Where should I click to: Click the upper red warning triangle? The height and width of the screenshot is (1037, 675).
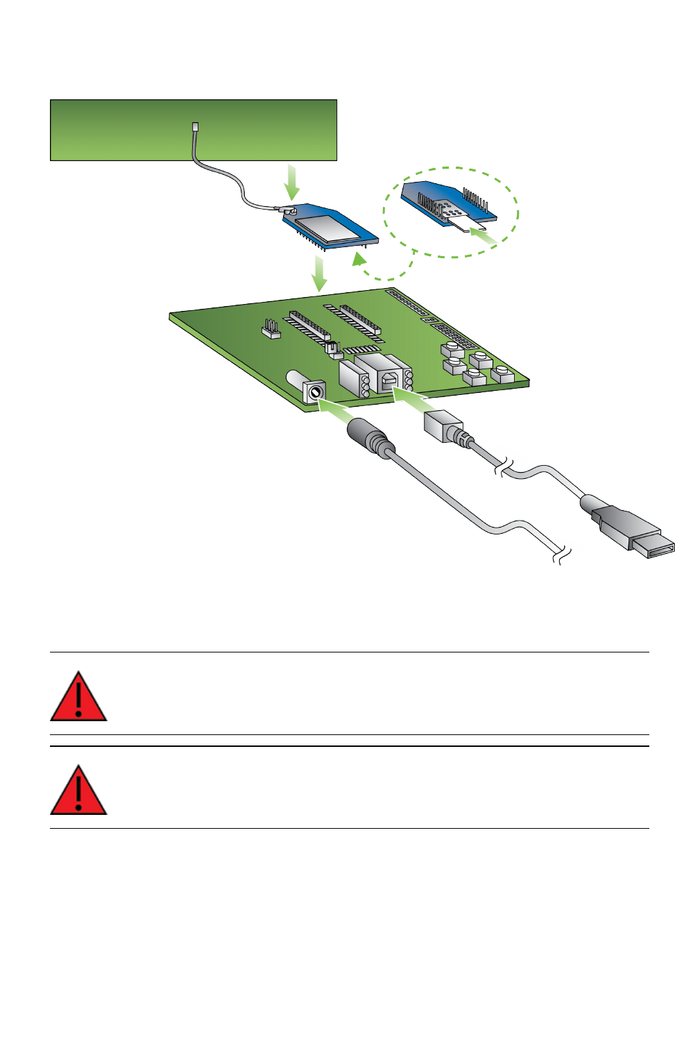click(x=78, y=698)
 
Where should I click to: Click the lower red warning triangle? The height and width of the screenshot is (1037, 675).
click(x=78, y=792)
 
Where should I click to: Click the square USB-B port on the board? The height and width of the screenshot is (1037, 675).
click(x=390, y=380)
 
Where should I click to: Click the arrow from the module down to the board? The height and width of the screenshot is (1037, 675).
click(x=319, y=273)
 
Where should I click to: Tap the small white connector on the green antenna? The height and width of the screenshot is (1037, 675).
click(x=196, y=128)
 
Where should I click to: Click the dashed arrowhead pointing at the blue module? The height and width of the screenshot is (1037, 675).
click(x=359, y=260)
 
